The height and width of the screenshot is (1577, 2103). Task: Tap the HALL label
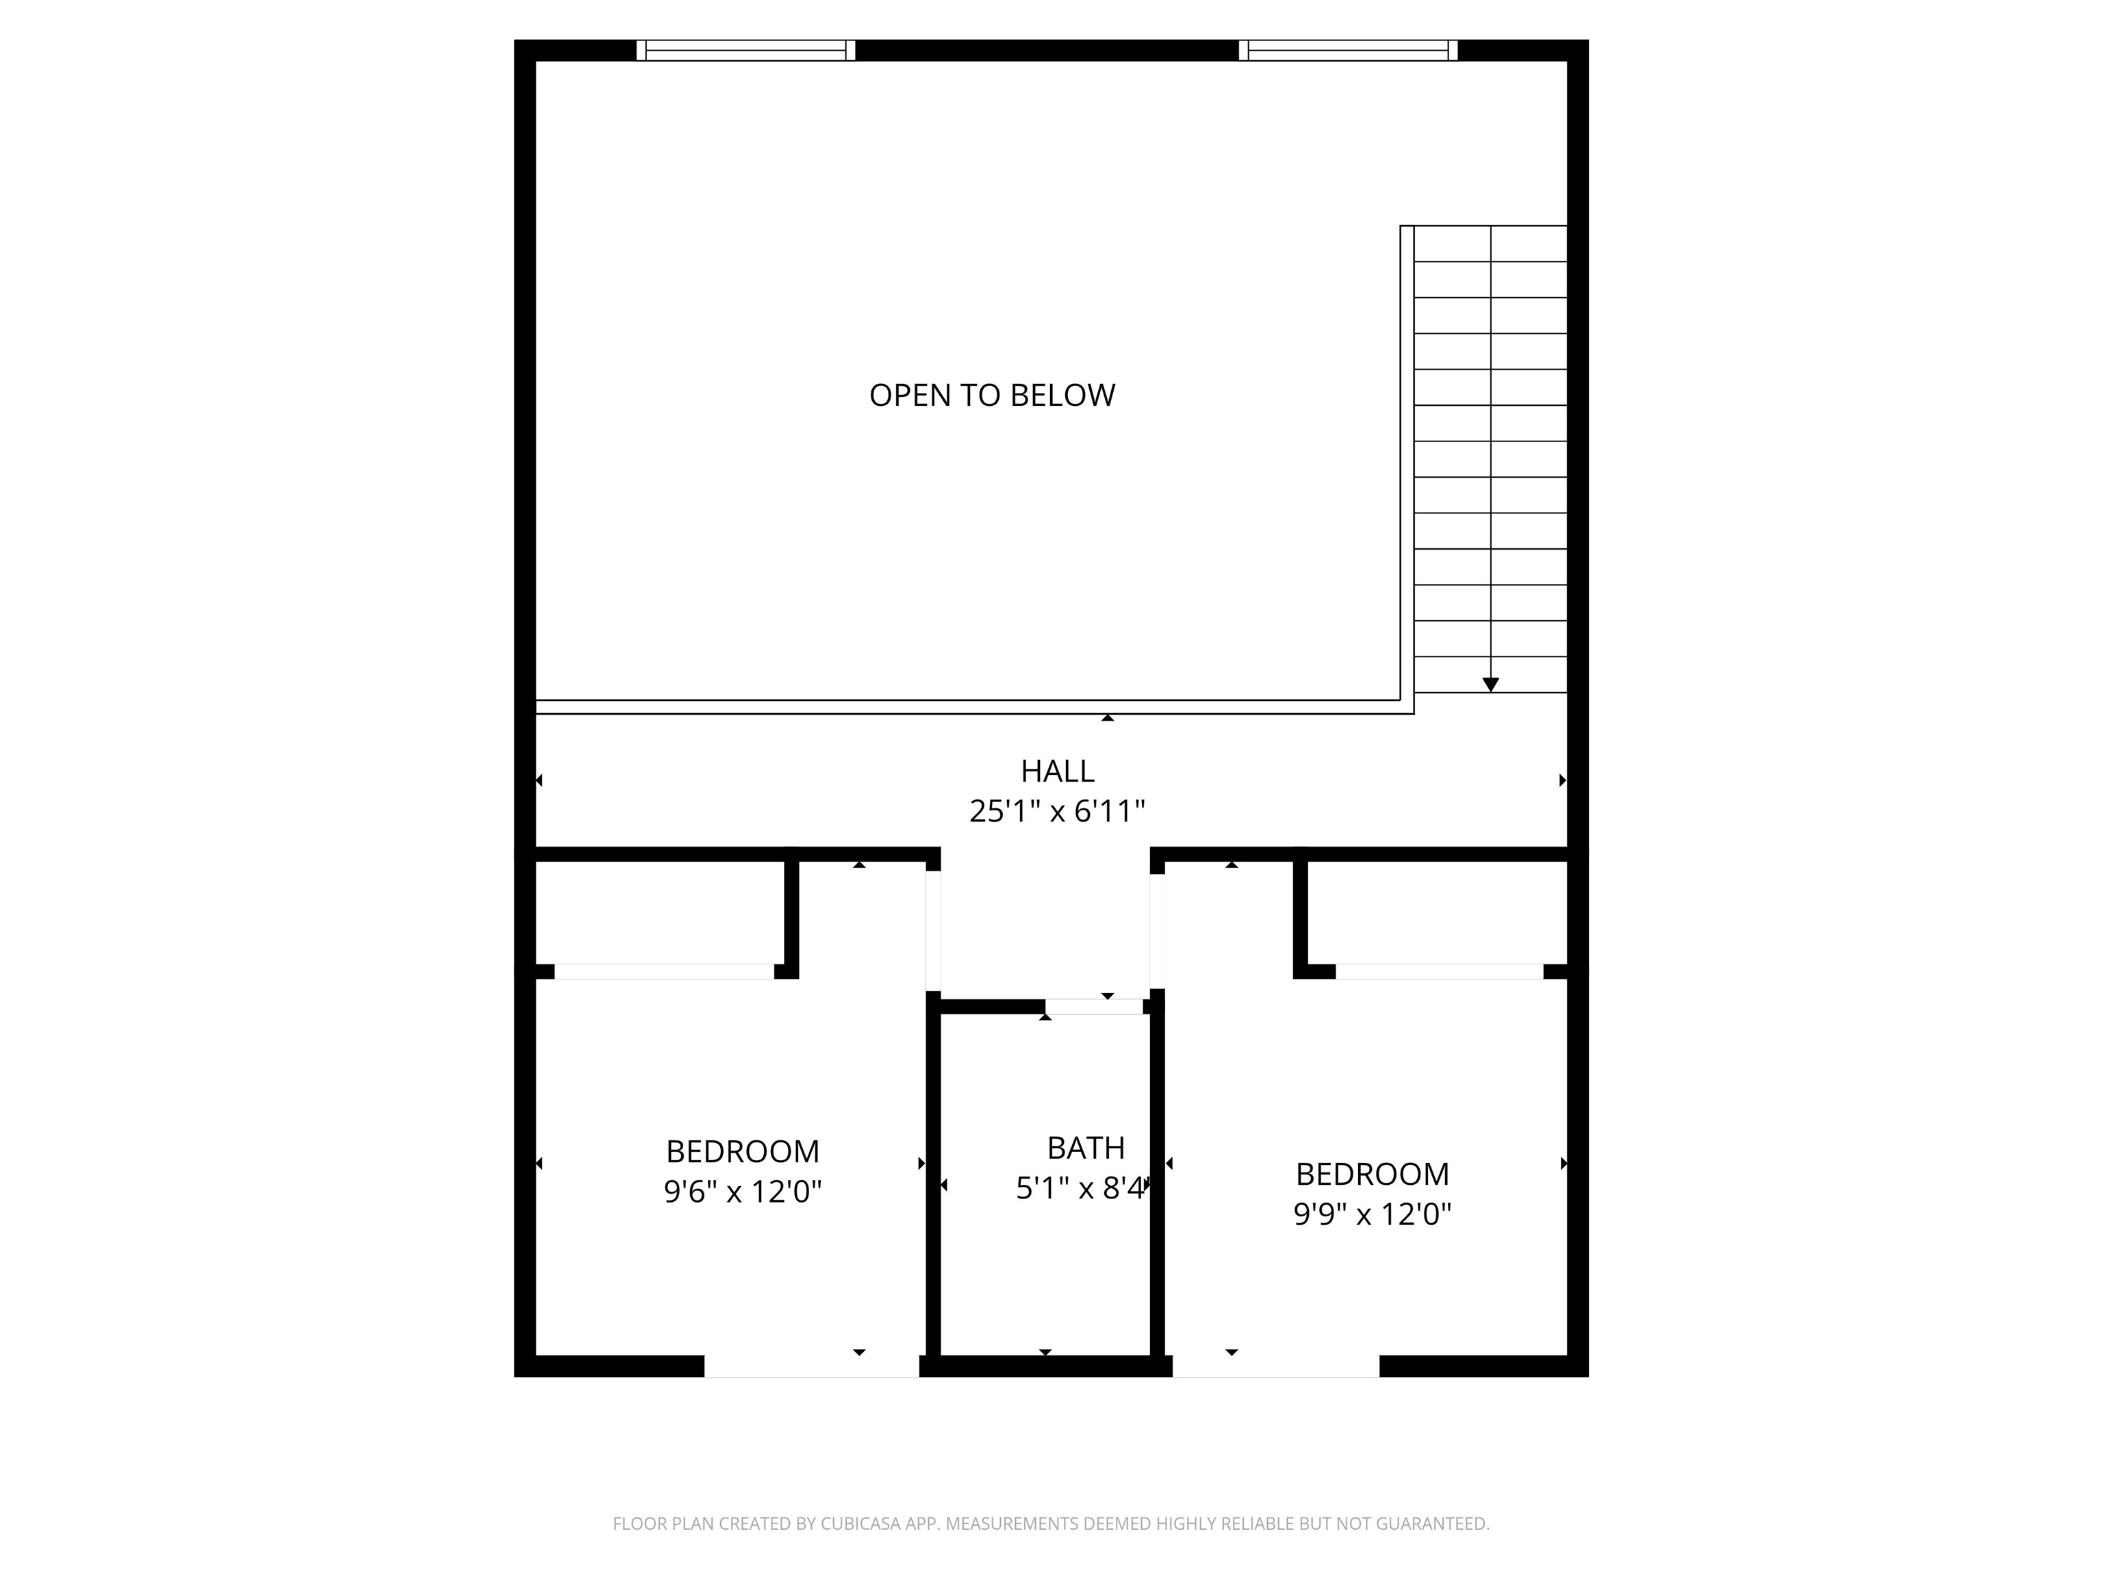tap(1057, 770)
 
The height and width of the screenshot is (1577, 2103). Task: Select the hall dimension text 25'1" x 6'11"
tap(1057, 811)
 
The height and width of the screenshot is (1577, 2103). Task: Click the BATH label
tap(1086, 1149)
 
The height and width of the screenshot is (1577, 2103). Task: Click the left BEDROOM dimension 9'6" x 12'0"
tap(743, 1191)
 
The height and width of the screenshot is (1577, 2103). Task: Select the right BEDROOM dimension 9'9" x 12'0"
tap(1372, 1214)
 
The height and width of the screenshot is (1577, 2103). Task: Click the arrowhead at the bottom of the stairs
tap(1491, 684)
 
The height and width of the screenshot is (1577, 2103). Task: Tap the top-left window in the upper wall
tap(745, 51)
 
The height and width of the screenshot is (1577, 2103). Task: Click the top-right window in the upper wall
tap(1348, 51)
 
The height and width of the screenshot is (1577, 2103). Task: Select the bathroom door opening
tap(1094, 1007)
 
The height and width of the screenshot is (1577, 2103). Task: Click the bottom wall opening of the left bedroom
tap(812, 1366)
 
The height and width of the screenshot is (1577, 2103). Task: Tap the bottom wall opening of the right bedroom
tap(1276, 1366)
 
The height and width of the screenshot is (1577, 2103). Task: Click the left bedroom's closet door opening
tap(665, 971)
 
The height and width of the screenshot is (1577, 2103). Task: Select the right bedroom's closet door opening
tap(1440, 971)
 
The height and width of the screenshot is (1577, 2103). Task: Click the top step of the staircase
tap(1491, 244)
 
